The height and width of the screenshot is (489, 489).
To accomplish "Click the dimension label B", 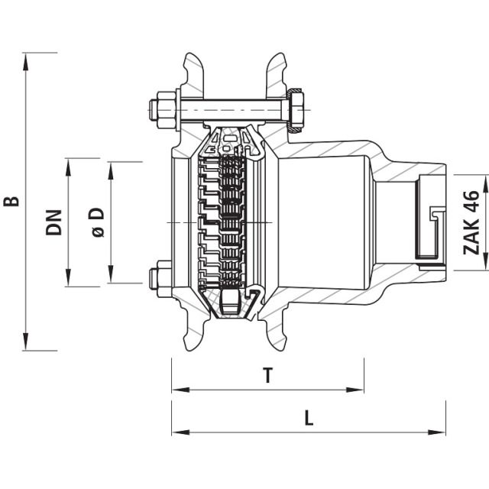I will click(x=11, y=202).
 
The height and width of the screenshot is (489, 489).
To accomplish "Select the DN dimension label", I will click(x=53, y=222).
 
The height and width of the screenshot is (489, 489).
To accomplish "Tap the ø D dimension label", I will click(x=98, y=222).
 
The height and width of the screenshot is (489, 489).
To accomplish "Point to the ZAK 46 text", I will click(x=471, y=222).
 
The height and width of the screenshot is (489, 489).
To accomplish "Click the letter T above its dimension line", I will click(x=267, y=375).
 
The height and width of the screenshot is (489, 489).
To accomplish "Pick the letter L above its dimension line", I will click(x=309, y=418).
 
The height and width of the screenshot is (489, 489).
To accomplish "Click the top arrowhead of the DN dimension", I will click(x=69, y=165).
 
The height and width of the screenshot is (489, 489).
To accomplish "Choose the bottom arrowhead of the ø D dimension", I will click(x=112, y=277).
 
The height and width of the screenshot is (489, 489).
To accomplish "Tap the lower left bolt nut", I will click(x=163, y=279).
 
